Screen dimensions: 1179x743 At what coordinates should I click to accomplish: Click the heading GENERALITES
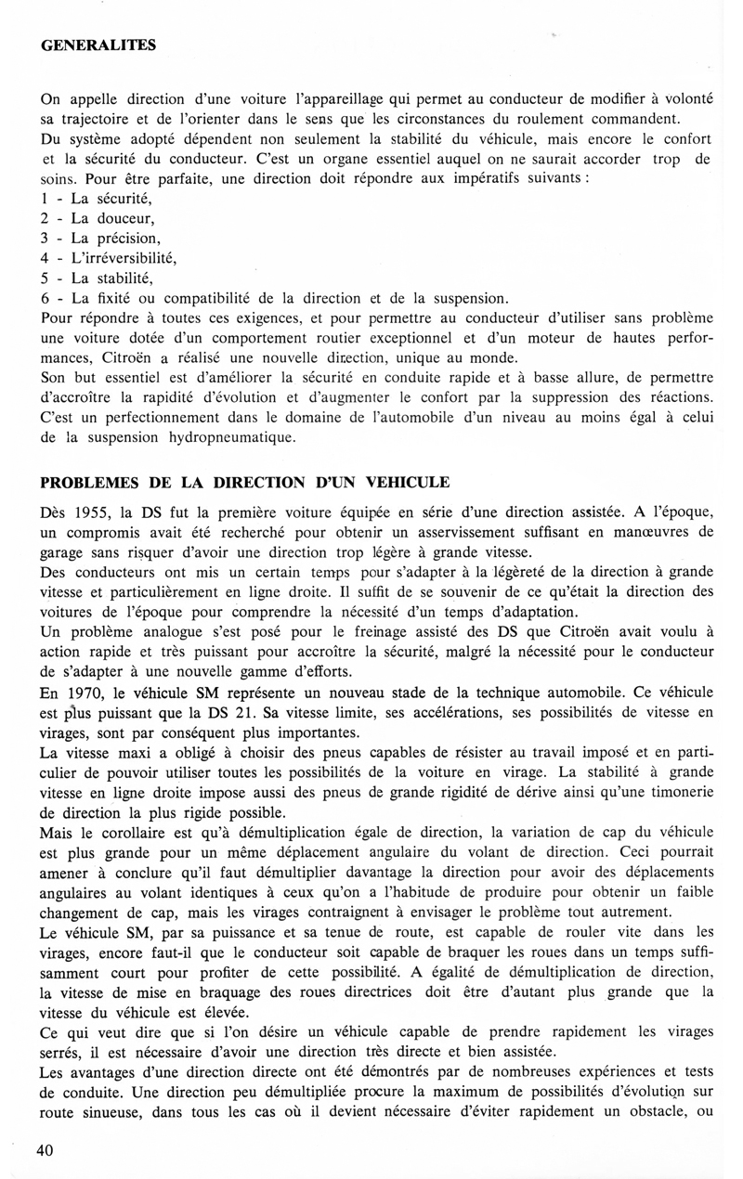coord(98,45)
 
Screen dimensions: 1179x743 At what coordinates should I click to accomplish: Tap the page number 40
coord(46,1150)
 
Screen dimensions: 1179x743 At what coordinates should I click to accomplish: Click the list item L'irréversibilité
coord(124,257)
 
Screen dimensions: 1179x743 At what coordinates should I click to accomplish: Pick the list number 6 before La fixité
coord(46,298)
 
